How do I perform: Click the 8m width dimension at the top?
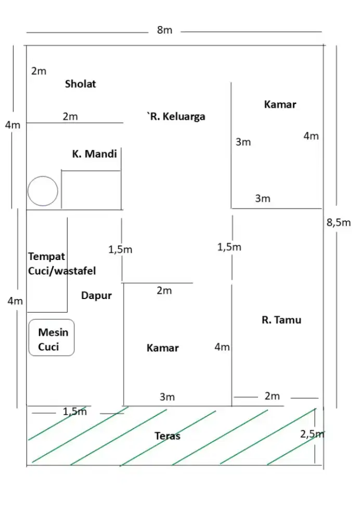[164, 30]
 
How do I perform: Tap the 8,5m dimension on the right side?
[338, 223]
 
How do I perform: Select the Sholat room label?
[80, 84]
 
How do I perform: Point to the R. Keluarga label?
[176, 116]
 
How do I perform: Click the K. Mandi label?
[94, 154]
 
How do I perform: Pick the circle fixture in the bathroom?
[43, 191]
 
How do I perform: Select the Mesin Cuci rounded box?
[52, 339]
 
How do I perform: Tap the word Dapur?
[96, 295]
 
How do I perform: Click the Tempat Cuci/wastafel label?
[61, 264]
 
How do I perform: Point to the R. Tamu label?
[281, 320]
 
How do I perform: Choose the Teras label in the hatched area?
[168, 436]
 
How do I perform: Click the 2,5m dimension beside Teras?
[312, 434]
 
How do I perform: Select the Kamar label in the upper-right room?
[280, 105]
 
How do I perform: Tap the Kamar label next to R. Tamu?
[162, 348]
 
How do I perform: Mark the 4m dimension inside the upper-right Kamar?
[311, 136]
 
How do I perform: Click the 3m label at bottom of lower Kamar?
[167, 397]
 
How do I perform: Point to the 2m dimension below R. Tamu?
[272, 396]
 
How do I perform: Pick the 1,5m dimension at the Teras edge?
[75, 412]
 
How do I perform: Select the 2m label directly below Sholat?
[70, 117]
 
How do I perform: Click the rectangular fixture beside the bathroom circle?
[91, 190]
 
